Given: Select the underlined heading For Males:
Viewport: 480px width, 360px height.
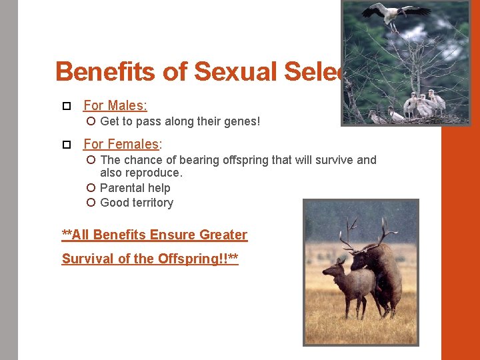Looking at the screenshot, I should tap(115, 105).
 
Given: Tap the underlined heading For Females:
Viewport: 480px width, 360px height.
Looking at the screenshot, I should tap(123, 144).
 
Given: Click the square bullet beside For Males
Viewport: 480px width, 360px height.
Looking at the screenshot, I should tap(66, 106).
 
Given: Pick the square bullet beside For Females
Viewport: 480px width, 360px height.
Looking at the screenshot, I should tap(66, 145).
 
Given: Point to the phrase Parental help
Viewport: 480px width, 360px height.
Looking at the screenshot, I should tap(135, 188).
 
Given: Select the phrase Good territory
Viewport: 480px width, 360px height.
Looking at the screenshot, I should tap(137, 203).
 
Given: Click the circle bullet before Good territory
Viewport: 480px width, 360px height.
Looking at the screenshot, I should tap(91, 203).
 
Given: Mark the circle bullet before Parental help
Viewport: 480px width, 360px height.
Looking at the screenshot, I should tap(91, 188).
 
